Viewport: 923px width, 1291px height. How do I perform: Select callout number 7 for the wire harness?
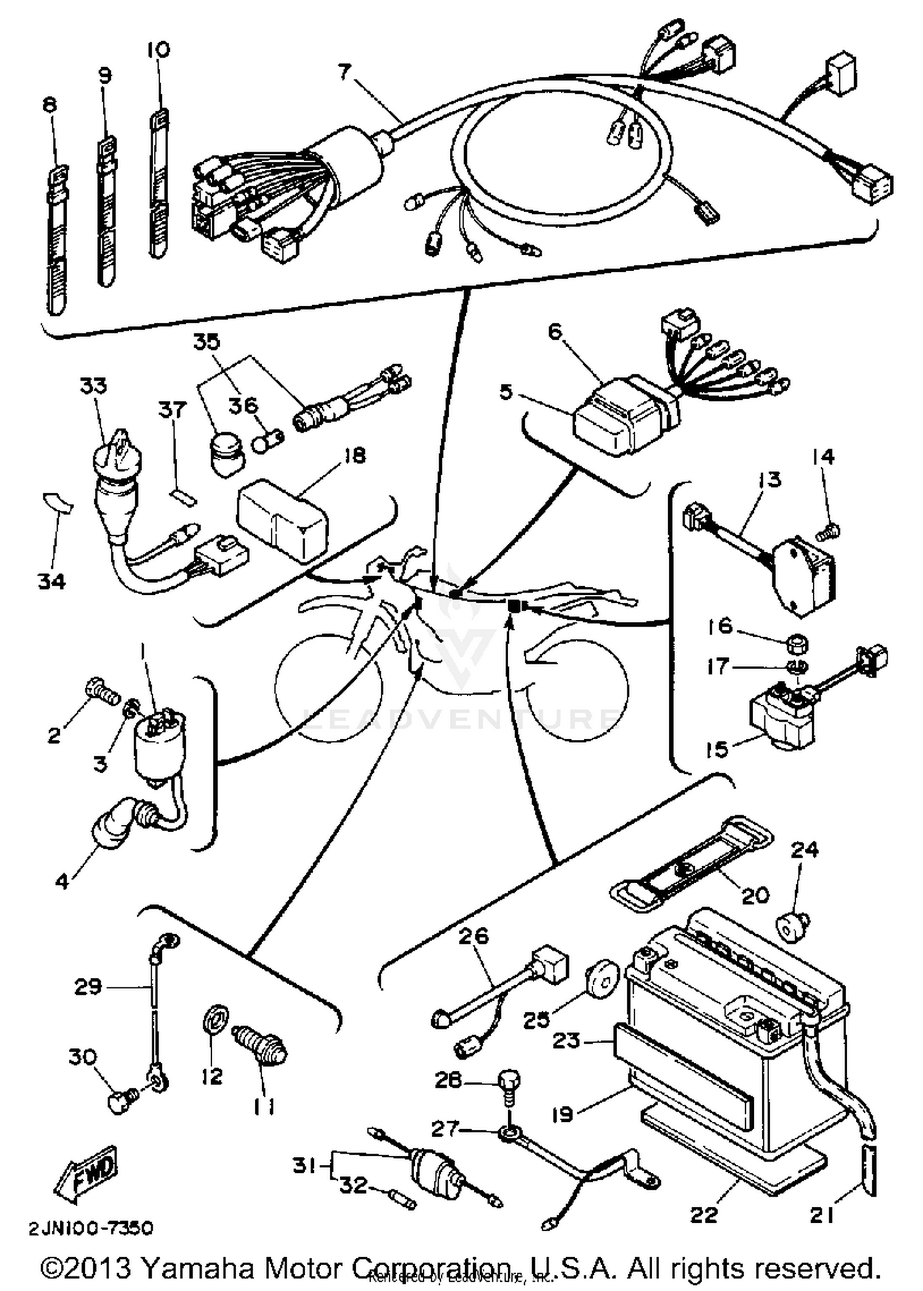point(345,73)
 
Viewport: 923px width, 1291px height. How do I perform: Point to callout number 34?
point(52,581)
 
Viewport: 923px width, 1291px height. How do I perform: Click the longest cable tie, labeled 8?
point(58,240)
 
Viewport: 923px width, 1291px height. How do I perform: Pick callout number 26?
point(474,935)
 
